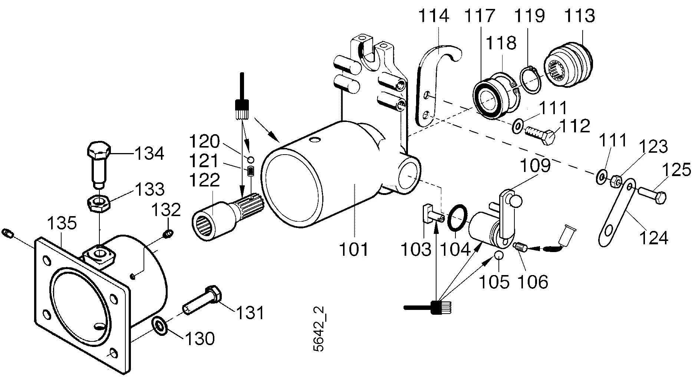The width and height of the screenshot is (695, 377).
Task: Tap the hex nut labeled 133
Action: tap(98, 204)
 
